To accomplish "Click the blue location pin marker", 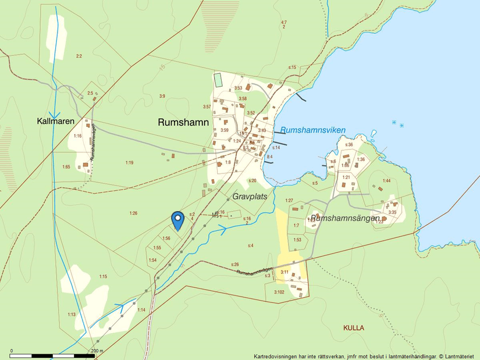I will [x=178, y=220].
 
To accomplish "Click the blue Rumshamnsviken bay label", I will [x=312, y=130].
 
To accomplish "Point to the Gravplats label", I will [x=250, y=197].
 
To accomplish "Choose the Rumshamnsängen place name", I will [x=349, y=218].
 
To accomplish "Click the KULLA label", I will [x=353, y=328].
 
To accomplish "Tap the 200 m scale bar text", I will [x=97, y=351].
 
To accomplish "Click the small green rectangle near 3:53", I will [x=218, y=80].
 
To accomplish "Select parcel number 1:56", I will [x=166, y=238].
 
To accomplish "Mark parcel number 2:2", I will [x=79, y=56].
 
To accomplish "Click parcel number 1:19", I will [x=129, y=163].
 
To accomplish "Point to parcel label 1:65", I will [x=66, y=167].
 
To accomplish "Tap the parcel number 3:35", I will [x=392, y=212].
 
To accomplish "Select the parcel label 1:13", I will [x=72, y=315].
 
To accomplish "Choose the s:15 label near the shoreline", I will [x=293, y=67].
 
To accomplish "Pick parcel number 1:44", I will [x=386, y=180].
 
